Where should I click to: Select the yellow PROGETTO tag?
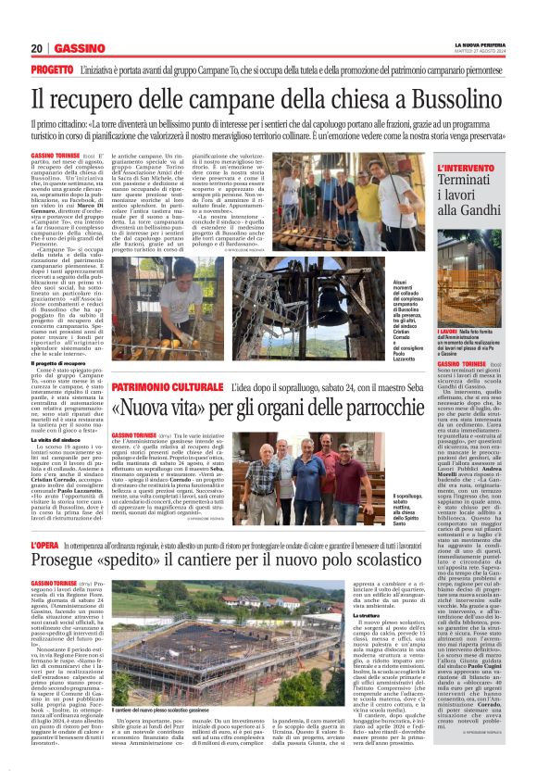click(53, 69)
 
